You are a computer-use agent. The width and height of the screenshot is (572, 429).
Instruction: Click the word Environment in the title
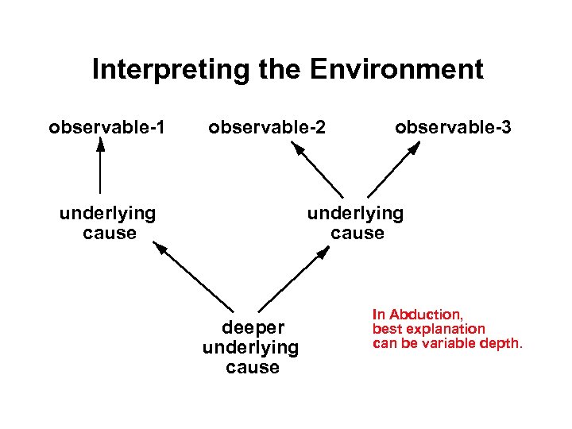396,70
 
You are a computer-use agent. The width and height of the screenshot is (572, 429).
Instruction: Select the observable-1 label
106,127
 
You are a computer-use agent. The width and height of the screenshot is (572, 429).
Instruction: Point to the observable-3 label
453,127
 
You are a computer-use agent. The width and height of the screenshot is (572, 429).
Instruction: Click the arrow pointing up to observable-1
100,167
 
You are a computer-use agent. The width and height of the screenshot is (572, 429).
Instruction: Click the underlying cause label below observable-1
108,223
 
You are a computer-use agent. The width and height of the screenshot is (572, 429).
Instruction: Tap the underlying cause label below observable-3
356,223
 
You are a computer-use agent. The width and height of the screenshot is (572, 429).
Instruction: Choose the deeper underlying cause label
251,347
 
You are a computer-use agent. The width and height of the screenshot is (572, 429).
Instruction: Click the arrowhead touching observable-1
100,143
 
